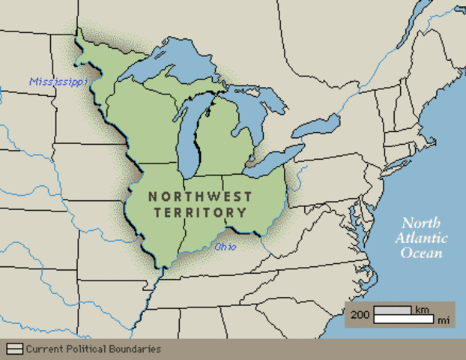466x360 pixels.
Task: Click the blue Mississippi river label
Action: (58, 81)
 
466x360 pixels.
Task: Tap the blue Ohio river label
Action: (226, 246)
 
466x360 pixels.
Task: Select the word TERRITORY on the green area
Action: (200, 212)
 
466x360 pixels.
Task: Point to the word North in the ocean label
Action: (422, 223)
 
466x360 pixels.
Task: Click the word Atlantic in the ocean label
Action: (422, 238)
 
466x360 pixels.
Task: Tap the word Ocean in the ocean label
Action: (422, 253)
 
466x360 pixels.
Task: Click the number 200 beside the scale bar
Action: (360, 315)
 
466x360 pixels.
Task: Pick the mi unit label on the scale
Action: (444, 320)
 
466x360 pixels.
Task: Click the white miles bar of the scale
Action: (404, 319)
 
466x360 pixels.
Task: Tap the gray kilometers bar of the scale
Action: (393, 310)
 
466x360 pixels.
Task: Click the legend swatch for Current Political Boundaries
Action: (14, 349)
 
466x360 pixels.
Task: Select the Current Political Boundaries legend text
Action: (93, 349)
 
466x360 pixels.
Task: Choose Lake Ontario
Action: (315, 127)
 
